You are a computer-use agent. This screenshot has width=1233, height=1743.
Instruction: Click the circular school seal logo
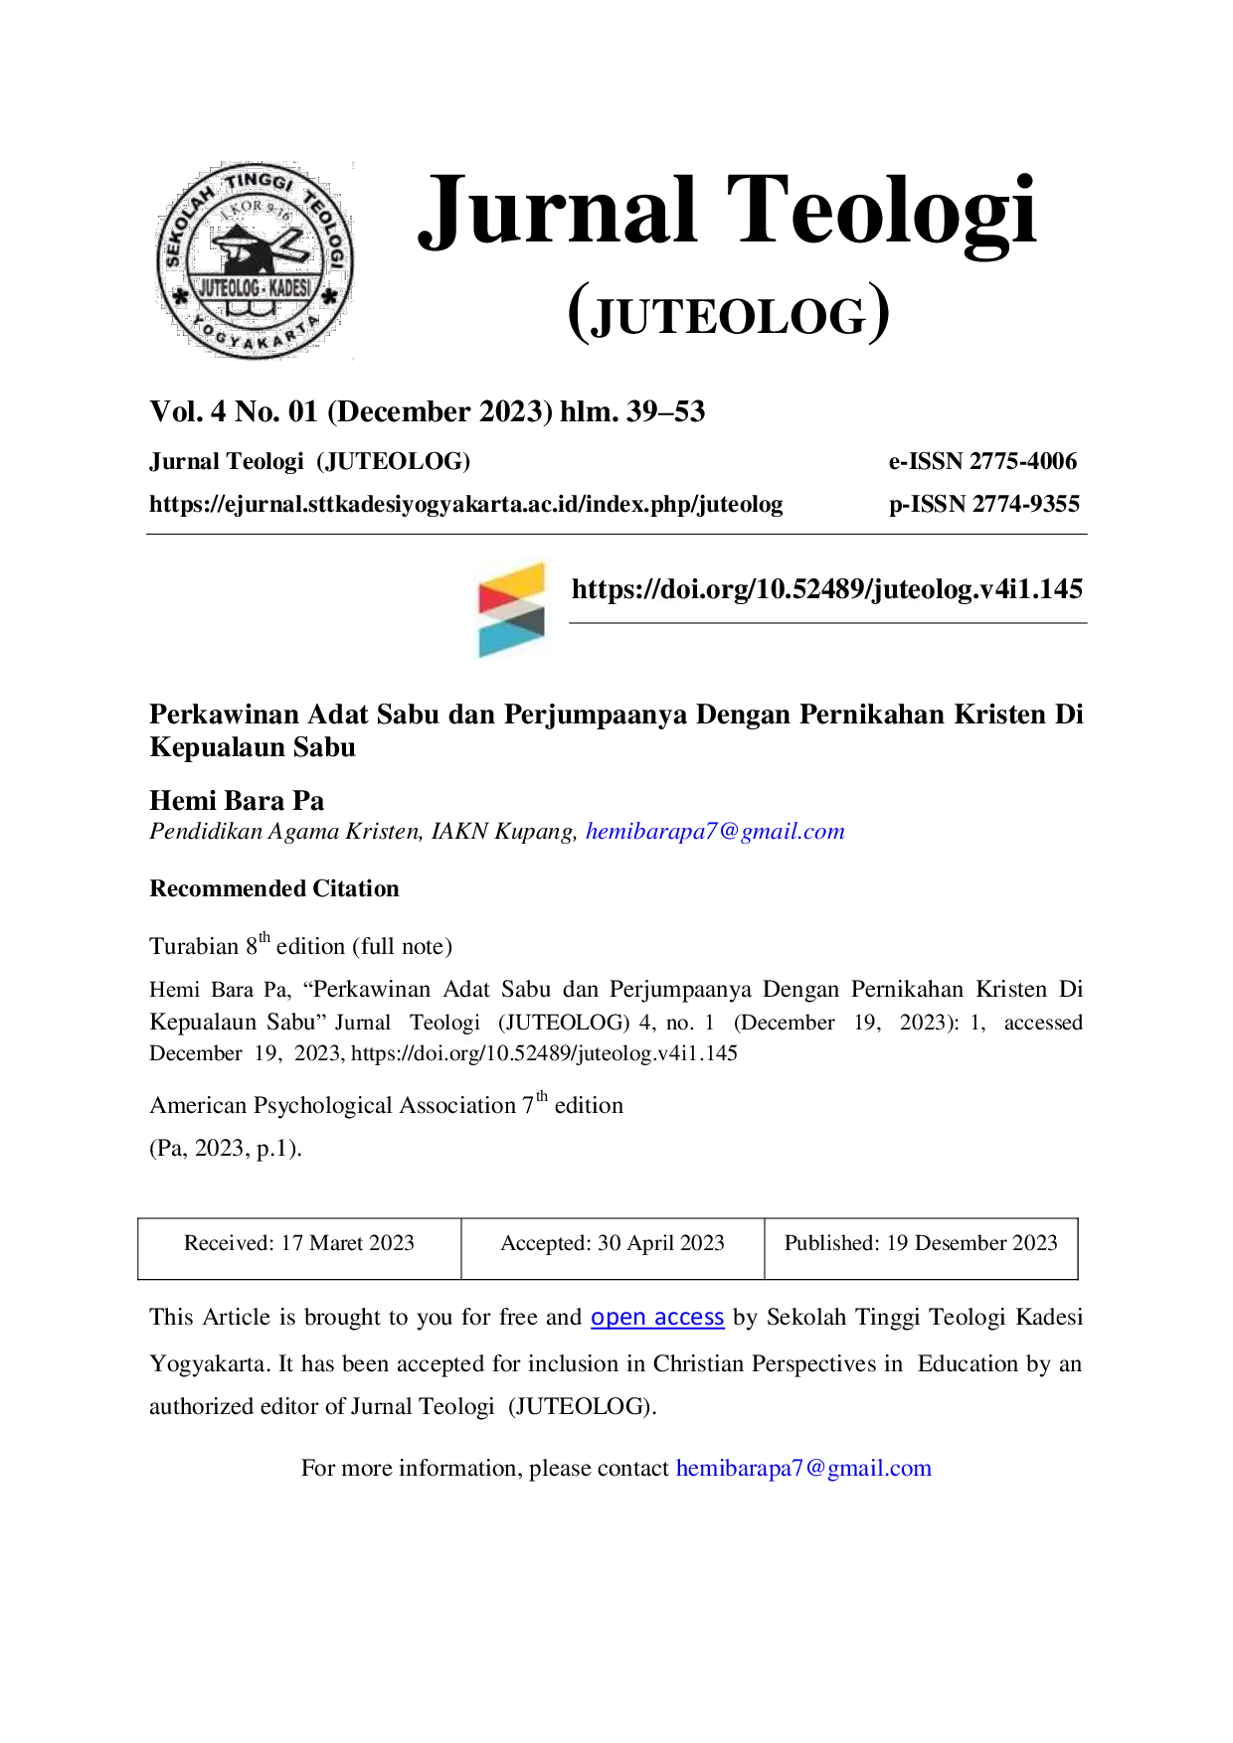(x=255, y=260)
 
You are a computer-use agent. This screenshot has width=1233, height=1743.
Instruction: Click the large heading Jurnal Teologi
(x=728, y=211)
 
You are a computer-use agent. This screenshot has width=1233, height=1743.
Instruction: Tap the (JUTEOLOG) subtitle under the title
(x=728, y=314)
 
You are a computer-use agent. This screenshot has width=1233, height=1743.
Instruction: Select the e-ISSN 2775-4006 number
(x=982, y=461)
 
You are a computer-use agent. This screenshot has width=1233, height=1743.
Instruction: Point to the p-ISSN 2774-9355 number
(x=984, y=504)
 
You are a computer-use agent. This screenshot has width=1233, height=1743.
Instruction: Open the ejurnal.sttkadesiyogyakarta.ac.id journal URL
(x=466, y=505)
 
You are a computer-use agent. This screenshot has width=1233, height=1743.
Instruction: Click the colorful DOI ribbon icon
(x=511, y=609)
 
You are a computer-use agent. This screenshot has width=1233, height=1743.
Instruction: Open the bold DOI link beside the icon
(x=827, y=589)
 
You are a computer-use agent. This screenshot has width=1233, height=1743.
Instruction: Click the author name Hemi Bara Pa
(x=237, y=801)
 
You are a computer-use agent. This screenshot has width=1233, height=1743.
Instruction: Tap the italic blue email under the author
(x=715, y=832)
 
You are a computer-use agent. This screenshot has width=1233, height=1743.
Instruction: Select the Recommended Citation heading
(x=274, y=888)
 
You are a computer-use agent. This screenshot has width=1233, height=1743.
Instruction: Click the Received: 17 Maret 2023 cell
(x=299, y=1248)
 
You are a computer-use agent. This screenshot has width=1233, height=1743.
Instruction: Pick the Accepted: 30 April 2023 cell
(x=613, y=1248)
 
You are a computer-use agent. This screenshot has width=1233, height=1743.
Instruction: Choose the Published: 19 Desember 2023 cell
(x=921, y=1248)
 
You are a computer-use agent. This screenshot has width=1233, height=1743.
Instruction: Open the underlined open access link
(x=657, y=1318)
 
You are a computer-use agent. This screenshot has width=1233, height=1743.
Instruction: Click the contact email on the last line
(x=803, y=1469)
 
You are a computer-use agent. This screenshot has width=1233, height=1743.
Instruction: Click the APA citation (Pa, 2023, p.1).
(x=226, y=1149)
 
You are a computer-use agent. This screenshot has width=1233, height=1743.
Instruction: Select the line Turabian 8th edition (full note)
(x=301, y=944)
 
